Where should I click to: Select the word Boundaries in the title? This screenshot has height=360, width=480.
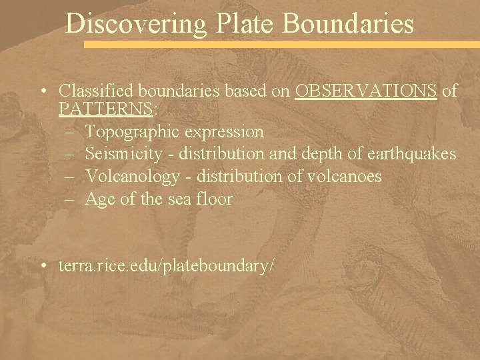348,24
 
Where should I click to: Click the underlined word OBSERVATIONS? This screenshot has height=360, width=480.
366,91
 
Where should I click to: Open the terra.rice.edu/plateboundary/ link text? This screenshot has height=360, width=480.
167,265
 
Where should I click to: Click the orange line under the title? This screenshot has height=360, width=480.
280,44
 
